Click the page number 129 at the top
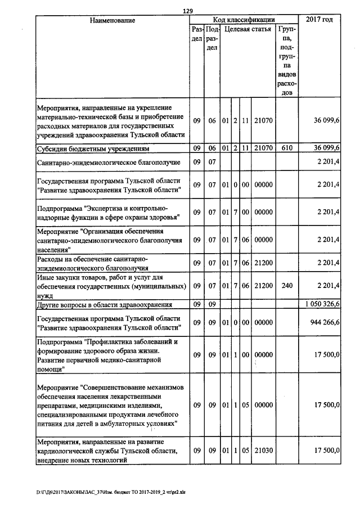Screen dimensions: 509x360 point(187,10)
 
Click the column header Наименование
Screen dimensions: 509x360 point(112,20)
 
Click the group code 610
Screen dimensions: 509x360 point(287,148)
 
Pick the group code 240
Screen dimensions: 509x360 point(287,286)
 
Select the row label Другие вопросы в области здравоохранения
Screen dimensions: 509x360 point(104,305)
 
